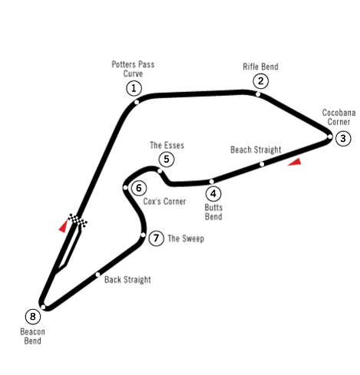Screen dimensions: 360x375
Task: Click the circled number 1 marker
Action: click(x=134, y=88)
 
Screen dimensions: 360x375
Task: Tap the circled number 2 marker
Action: click(x=260, y=81)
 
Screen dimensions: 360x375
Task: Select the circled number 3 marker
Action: click(x=343, y=138)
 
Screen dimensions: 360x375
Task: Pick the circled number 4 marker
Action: click(x=213, y=193)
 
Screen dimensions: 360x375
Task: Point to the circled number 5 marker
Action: click(x=167, y=160)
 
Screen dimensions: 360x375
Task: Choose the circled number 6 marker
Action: click(x=139, y=188)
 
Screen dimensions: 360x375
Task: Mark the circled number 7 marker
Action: click(x=156, y=238)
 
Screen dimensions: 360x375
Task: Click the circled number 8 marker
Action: click(x=33, y=317)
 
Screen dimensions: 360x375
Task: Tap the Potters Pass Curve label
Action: click(x=133, y=69)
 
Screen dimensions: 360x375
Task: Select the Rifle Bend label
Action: click(x=260, y=67)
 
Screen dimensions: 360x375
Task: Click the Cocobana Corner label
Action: click(x=339, y=117)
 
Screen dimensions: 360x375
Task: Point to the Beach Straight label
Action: click(x=256, y=150)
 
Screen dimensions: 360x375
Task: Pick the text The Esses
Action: click(x=167, y=145)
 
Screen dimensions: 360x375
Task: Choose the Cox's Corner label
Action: click(x=164, y=202)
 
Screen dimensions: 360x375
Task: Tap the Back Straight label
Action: click(x=127, y=280)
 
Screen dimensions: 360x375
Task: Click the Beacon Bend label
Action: click(x=32, y=336)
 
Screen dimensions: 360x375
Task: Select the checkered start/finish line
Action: click(x=78, y=220)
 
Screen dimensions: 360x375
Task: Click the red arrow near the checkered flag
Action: click(x=63, y=226)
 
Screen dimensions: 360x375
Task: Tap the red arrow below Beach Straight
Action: click(x=295, y=162)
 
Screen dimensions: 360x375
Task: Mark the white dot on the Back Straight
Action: click(x=97, y=275)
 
